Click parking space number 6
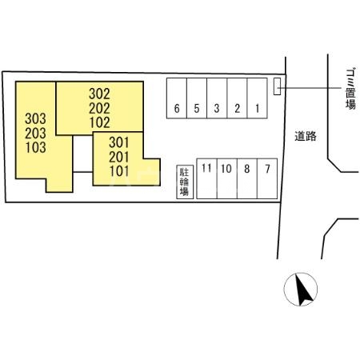tap(177, 98)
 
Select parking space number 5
tap(197, 98)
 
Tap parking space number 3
tap(217, 98)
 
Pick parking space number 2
tap(237, 98)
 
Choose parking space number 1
tap(258, 98)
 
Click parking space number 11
tap(207, 178)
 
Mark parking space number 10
tap(227, 178)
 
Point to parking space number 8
tap(247, 178)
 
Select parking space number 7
tap(267, 178)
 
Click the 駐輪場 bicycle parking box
tap(185, 182)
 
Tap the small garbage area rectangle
tap(277, 86)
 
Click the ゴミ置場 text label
tap(350, 89)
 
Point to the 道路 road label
tap(306, 136)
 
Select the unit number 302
tap(99, 94)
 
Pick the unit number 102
tap(99, 122)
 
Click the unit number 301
tap(119, 142)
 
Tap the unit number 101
tap(119, 171)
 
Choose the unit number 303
tap(35, 118)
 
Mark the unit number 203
tap(35, 133)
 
